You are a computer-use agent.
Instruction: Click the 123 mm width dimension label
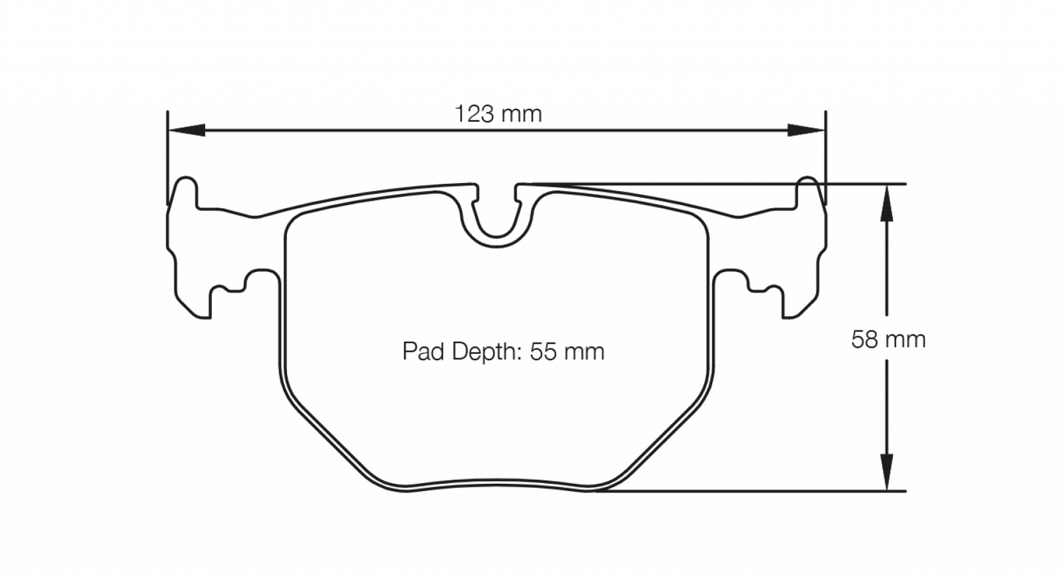point(498,114)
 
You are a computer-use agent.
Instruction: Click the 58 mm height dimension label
point(888,340)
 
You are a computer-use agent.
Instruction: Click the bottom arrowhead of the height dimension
point(888,474)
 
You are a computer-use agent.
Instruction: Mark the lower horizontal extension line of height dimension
point(750,491)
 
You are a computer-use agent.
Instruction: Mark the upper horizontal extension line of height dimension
point(861,184)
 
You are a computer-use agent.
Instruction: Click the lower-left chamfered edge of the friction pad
point(324,434)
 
